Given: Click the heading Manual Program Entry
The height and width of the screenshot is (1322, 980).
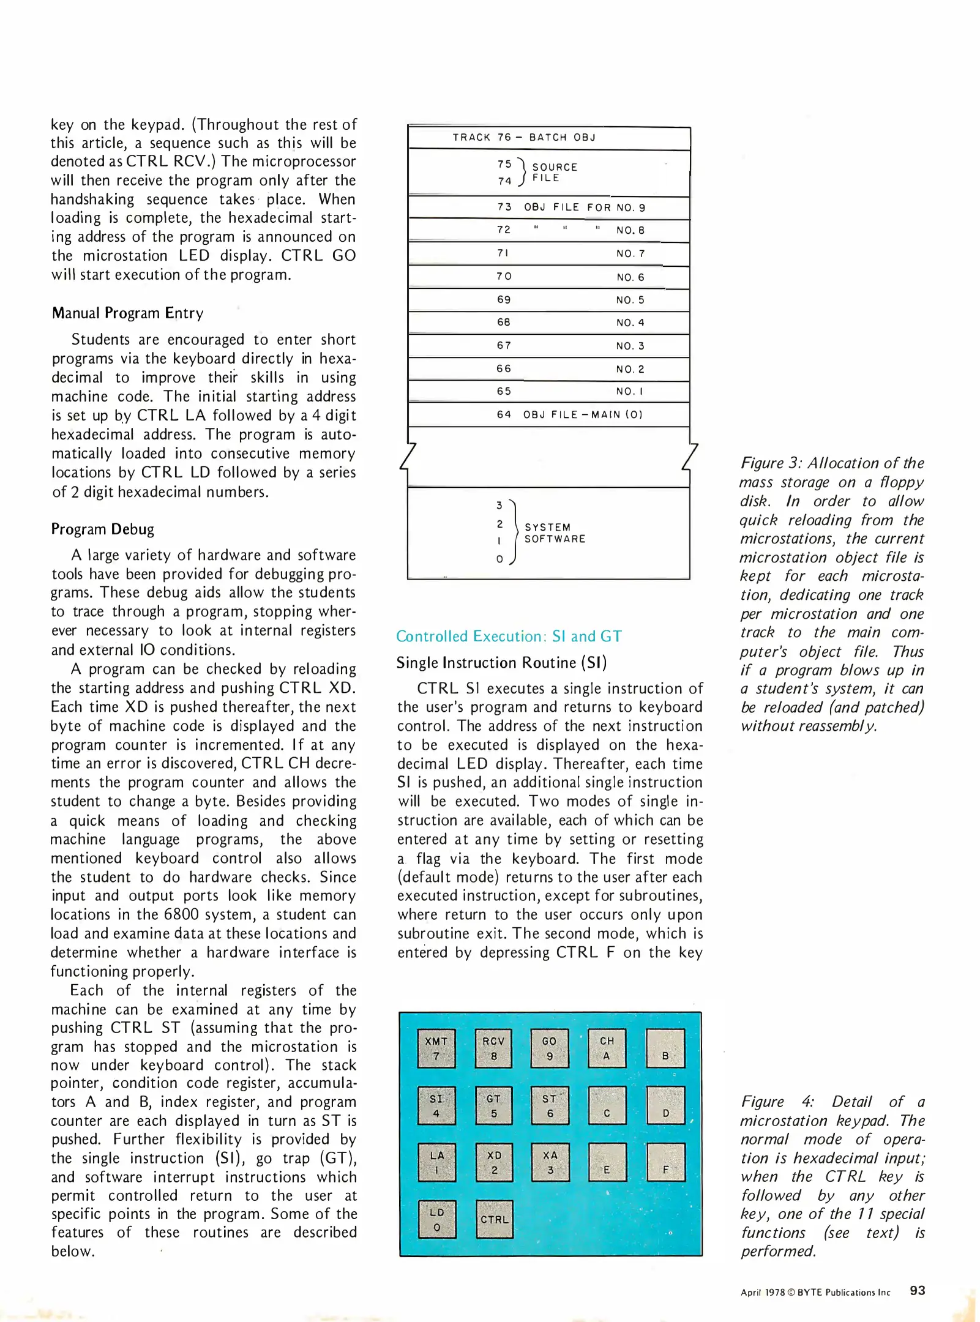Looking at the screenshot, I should click(x=127, y=313).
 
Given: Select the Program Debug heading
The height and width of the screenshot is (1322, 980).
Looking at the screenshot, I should click(x=103, y=529).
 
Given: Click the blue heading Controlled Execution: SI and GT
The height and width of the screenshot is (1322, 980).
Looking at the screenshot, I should click(x=509, y=637).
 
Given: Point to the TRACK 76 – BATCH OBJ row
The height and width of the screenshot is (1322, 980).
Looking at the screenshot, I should click(x=524, y=138).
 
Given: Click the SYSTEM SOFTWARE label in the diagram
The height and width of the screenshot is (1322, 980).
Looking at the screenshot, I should click(x=555, y=533).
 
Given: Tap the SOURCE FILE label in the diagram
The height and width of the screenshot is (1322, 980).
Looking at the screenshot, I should click(x=554, y=173).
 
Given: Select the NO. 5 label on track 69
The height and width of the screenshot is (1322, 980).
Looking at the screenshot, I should click(x=630, y=300).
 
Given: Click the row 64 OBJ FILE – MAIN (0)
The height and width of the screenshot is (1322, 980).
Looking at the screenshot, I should click(x=569, y=414).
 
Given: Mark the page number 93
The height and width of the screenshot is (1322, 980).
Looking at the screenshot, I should click(x=917, y=1290).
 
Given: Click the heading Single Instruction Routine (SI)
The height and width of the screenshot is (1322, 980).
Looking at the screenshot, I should click(x=501, y=663).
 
